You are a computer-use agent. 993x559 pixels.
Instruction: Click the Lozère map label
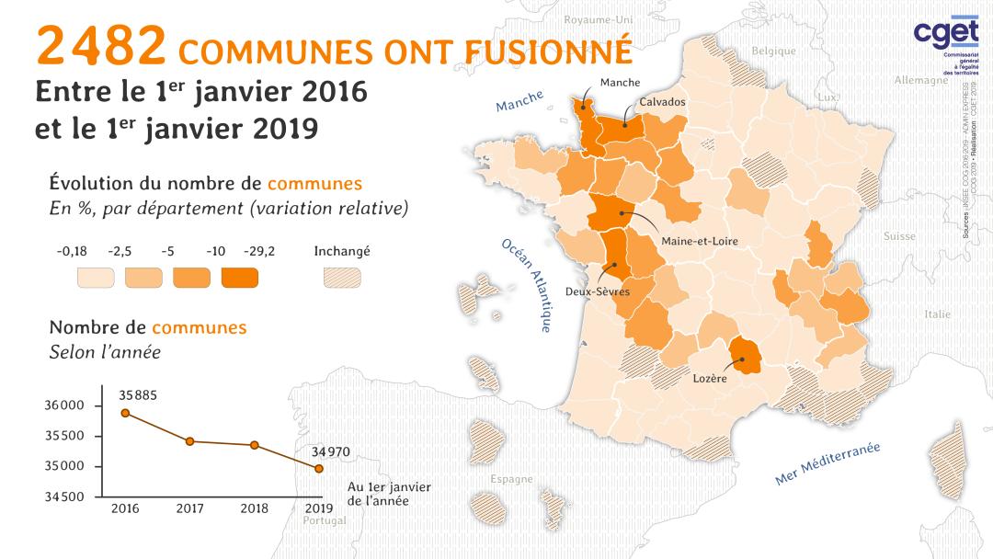[710, 377]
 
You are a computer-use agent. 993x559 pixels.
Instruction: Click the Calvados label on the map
[662, 102]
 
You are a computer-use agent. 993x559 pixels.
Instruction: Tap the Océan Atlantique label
[528, 286]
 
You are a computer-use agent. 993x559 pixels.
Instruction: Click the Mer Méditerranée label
[827, 463]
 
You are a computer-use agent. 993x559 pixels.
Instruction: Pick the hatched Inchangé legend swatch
[341, 277]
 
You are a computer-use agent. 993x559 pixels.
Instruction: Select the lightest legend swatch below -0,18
[95, 277]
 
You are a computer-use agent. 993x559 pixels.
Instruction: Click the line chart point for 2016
[125, 413]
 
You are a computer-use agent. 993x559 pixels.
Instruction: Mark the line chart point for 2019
[319, 468]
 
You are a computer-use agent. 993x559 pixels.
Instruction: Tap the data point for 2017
[189, 441]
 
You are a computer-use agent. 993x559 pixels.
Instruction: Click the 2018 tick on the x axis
[254, 508]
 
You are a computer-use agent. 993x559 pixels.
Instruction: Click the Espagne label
[511, 479]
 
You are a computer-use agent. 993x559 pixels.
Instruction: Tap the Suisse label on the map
[898, 236]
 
